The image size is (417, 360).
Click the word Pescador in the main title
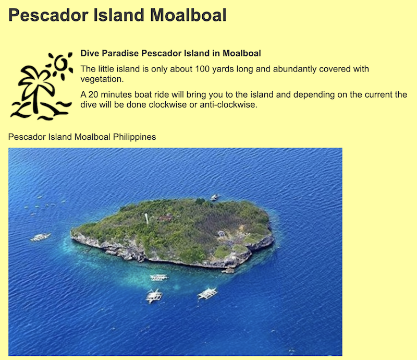pyautogui.click(x=48, y=15)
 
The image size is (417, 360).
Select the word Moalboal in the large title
pyautogui.click(x=188, y=15)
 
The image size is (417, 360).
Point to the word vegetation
pyautogui.click(x=102, y=79)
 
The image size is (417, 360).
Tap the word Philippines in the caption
pyautogui.click(x=134, y=137)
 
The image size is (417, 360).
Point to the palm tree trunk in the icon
pyautogui.click(x=35, y=99)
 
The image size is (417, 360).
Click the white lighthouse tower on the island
pyautogui.click(x=146, y=218)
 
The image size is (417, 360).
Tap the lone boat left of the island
pyautogui.click(x=41, y=237)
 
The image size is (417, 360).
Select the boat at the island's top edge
pyautogui.click(x=215, y=197)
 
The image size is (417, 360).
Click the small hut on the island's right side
pyautogui.click(x=221, y=234)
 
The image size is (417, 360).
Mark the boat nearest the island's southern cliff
pyautogui.click(x=159, y=278)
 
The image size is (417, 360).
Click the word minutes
pyautogui.click(x=116, y=94)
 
